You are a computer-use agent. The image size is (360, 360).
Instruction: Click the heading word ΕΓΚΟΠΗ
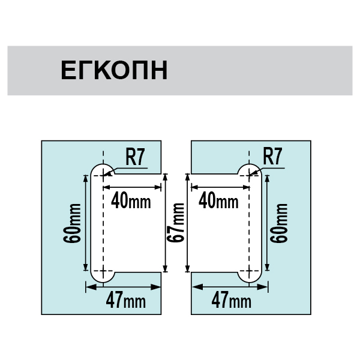[x=113, y=70]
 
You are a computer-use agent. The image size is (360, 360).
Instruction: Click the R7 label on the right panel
[x=273, y=157]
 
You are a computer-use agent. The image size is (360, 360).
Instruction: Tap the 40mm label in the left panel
[x=131, y=201]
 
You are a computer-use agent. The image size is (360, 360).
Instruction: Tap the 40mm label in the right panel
[x=218, y=200]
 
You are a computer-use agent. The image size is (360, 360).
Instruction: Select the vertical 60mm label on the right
[x=278, y=223]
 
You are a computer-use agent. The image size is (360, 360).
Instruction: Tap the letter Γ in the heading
[x=86, y=70]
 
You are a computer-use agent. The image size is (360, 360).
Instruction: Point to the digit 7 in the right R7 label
[x=278, y=157]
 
